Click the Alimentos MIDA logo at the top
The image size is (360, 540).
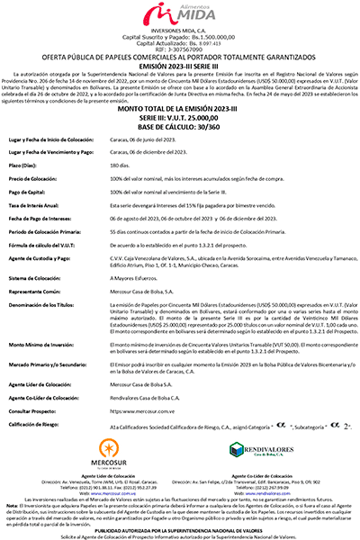point(180,15)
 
